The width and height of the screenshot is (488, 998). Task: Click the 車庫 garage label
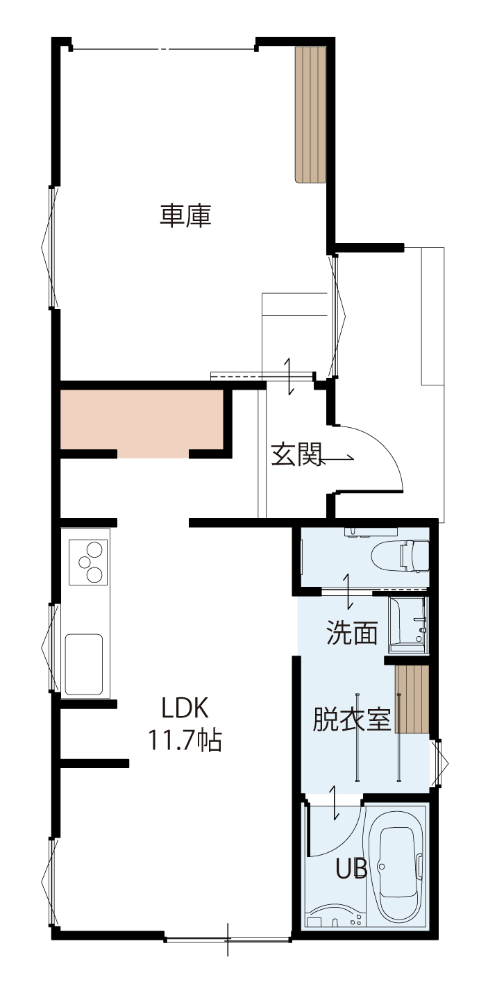pyautogui.click(x=185, y=216)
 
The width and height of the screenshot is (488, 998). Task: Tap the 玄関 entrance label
pyautogui.click(x=296, y=454)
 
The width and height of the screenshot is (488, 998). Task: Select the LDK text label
pyautogui.click(x=185, y=708)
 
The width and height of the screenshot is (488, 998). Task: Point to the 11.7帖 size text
pyautogui.click(x=185, y=740)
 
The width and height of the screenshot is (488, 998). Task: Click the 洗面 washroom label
pyautogui.click(x=352, y=632)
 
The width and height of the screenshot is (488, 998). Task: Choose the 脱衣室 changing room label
pyautogui.click(x=351, y=719)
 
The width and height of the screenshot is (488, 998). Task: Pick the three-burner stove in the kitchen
pyautogui.click(x=88, y=562)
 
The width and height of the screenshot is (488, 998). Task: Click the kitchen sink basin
pyautogui.click(x=84, y=664)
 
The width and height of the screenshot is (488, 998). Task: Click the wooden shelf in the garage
pyautogui.click(x=310, y=115)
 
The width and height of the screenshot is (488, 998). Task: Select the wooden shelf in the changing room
pyautogui.click(x=412, y=699)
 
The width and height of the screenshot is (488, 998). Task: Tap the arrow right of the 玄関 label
pyautogui.click(x=336, y=458)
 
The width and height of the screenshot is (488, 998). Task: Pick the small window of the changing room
pyautogui.click(x=439, y=764)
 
